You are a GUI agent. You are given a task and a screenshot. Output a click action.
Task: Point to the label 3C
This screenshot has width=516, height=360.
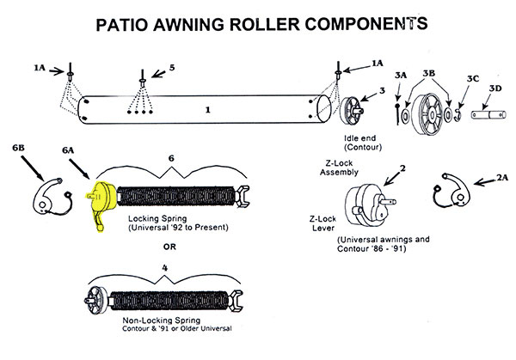(x=471, y=79)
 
